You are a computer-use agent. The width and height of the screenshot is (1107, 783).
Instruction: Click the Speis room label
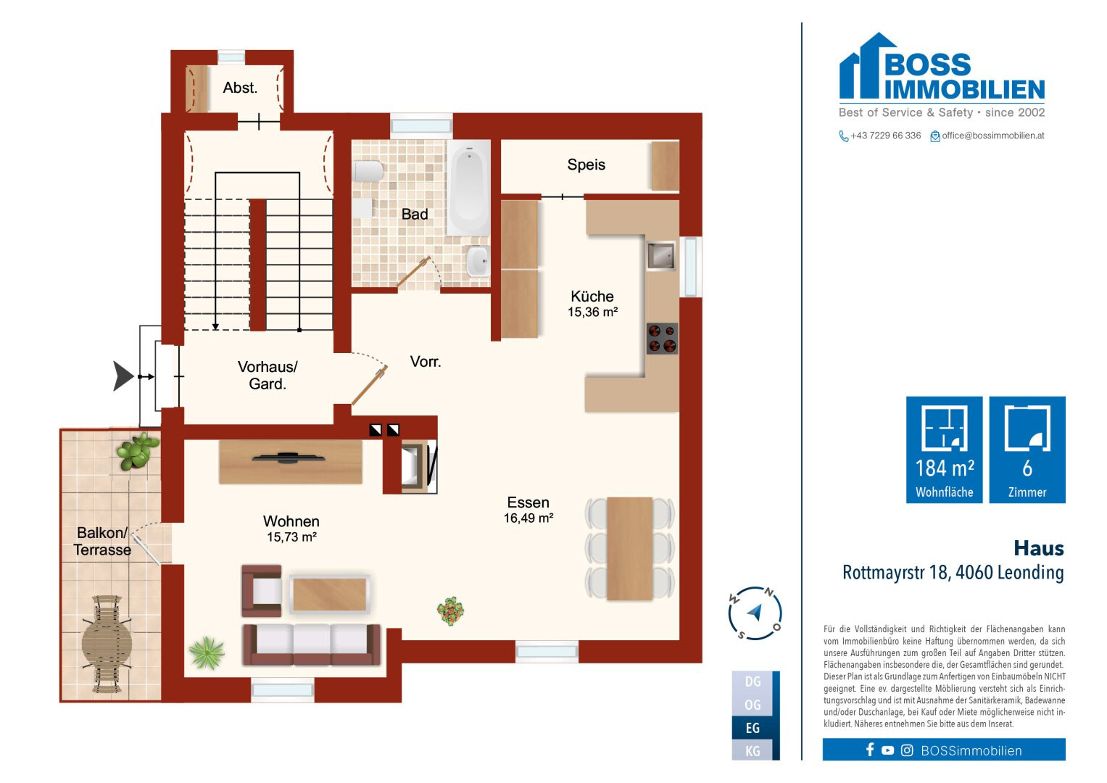click(x=586, y=165)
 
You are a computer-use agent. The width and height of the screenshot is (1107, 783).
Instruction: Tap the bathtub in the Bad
click(x=468, y=187)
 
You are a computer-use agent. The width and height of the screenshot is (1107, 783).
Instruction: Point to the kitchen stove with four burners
click(x=662, y=338)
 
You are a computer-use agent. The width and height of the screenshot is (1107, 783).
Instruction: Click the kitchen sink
click(x=661, y=255)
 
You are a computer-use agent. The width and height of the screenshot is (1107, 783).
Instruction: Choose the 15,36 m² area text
click(x=592, y=312)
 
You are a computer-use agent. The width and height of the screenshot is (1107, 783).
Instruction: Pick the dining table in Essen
click(x=629, y=549)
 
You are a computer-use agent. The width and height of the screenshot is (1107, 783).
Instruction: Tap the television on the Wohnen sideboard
click(x=288, y=458)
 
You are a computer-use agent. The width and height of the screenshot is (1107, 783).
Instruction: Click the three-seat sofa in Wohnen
click(x=312, y=645)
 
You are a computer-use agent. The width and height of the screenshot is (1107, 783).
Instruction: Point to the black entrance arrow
click(x=123, y=376)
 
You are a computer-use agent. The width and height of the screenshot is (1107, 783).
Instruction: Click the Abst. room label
click(x=240, y=88)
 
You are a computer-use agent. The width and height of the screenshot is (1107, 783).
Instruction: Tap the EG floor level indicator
click(x=752, y=728)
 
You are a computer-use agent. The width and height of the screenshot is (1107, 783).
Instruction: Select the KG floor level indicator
click(x=752, y=751)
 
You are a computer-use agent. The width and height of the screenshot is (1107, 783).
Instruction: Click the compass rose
click(x=755, y=613)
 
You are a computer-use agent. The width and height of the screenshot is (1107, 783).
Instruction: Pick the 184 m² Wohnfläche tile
click(x=944, y=449)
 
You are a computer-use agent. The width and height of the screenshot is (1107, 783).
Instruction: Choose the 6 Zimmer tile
click(x=1027, y=449)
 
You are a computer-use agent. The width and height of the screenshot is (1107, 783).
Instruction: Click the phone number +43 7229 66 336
click(x=886, y=136)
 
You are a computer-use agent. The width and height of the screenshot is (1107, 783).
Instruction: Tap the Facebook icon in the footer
click(x=870, y=750)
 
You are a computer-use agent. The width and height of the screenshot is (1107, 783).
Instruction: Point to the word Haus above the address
click(x=1039, y=548)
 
